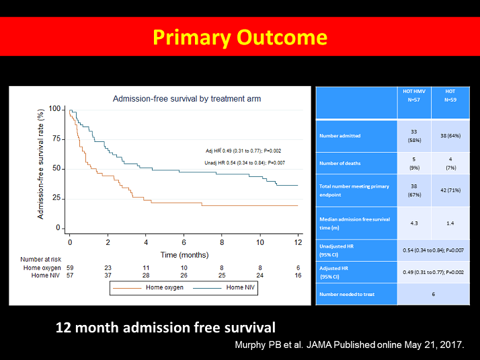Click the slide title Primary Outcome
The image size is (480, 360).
[x=240, y=37]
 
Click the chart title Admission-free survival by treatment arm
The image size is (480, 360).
[x=186, y=99]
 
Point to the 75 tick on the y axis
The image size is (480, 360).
[x=56, y=139]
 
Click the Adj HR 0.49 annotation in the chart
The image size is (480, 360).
[x=243, y=150]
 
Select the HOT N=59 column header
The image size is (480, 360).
[x=450, y=95]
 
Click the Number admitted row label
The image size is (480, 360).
[x=340, y=136]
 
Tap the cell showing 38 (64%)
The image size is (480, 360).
[x=450, y=136]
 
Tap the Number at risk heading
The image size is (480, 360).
[x=42, y=258]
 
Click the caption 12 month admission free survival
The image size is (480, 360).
[x=165, y=328]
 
